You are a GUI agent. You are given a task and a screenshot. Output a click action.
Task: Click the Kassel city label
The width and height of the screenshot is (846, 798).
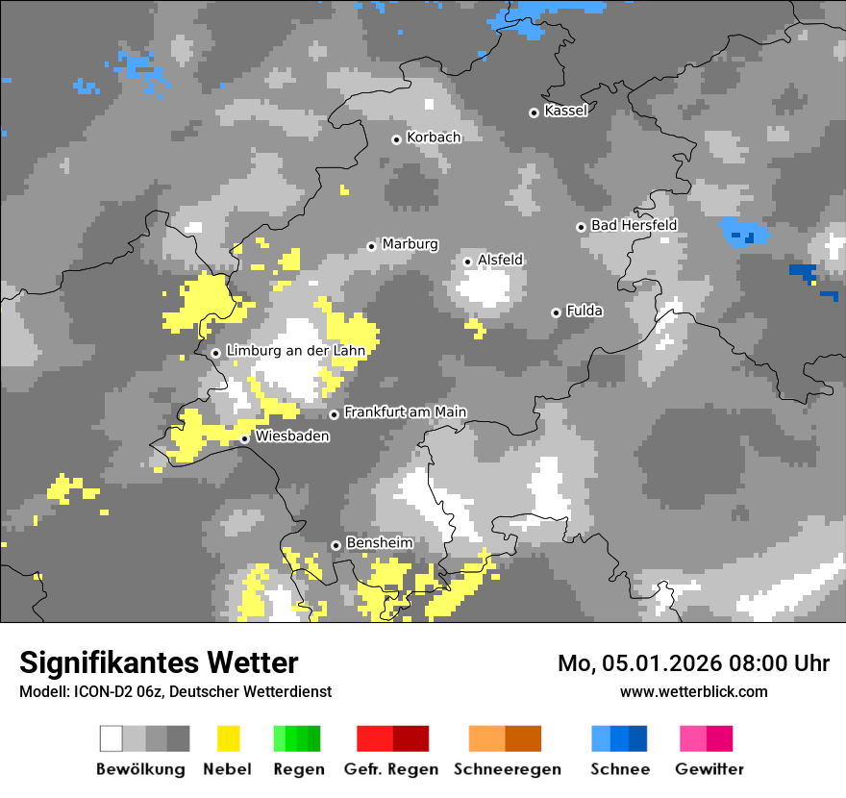tap(565, 111)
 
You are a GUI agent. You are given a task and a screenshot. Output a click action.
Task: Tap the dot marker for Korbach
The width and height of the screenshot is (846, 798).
tap(396, 139)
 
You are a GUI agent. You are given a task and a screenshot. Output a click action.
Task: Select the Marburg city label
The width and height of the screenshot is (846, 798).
tap(410, 244)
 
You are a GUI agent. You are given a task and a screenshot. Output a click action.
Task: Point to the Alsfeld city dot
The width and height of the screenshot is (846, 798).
tap(468, 262)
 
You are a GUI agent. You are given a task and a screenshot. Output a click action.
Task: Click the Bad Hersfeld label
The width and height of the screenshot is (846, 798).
tap(634, 225)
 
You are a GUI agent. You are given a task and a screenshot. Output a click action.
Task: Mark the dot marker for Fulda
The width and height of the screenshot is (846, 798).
tap(556, 312)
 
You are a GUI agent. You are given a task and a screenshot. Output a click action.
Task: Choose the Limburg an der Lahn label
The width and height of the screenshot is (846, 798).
tap(295, 351)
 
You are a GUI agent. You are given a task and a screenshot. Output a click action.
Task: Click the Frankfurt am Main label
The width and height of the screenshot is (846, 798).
tap(405, 412)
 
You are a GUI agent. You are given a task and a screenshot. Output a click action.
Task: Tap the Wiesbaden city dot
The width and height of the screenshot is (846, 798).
tap(245, 438)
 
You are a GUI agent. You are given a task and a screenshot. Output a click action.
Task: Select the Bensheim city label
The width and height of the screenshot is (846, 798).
tap(379, 543)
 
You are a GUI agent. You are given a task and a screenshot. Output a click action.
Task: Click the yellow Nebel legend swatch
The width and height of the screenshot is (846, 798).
tap(228, 738)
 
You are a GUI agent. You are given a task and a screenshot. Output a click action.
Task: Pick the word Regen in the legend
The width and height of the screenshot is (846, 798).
tap(298, 769)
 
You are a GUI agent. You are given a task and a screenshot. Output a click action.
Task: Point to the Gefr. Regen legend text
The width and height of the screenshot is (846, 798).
tap(390, 769)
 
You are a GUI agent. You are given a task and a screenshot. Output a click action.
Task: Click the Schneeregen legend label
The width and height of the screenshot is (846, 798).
tap(507, 769)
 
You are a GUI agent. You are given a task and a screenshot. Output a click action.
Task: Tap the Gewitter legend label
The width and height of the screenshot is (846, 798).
tap(709, 769)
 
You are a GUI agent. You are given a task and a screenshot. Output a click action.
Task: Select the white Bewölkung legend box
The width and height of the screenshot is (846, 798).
tap(112, 738)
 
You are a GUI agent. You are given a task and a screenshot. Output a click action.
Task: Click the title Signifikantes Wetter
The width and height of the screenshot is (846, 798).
tap(159, 663)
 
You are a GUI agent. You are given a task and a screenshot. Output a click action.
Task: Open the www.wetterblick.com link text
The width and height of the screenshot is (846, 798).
tap(693, 692)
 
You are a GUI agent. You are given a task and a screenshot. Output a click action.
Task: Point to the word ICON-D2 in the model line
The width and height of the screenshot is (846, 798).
tap(93, 692)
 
